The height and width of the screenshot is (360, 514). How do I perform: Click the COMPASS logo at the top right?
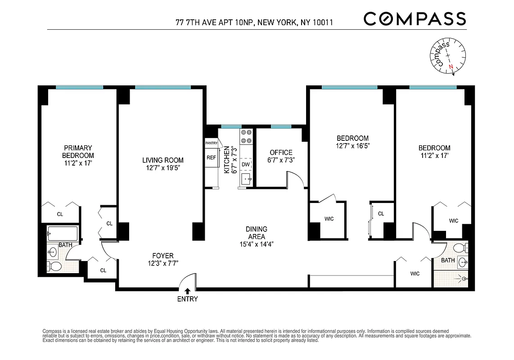(x=415, y=19)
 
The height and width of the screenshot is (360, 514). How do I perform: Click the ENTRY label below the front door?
(x=187, y=299)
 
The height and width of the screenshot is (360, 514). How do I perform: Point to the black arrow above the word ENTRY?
(x=187, y=292)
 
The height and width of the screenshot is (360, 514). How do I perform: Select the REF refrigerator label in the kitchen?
(x=211, y=157)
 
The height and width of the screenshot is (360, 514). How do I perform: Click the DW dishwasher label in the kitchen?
(x=245, y=165)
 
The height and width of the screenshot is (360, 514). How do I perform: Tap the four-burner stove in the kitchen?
(x=246, y=136)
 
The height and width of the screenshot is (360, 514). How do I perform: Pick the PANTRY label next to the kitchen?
(x=211, y=143)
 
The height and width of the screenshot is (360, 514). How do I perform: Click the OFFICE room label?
(x=281, y=153)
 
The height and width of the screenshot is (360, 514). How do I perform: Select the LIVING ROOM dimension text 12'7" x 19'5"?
(x=163, y=168)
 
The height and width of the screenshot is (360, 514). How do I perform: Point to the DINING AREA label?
(x=257, y=233)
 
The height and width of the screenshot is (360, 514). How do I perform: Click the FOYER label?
(x=163, y=256)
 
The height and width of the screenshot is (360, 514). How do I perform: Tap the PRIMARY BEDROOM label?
(x=78, y=152)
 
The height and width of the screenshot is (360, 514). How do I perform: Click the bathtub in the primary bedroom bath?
(x=63, y=233)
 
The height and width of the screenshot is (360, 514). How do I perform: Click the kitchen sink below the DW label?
(x=246, y=179)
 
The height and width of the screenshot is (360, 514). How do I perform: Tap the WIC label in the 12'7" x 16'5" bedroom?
(x=329, y=219)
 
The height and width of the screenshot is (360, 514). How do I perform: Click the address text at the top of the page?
(x=254, y=22)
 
